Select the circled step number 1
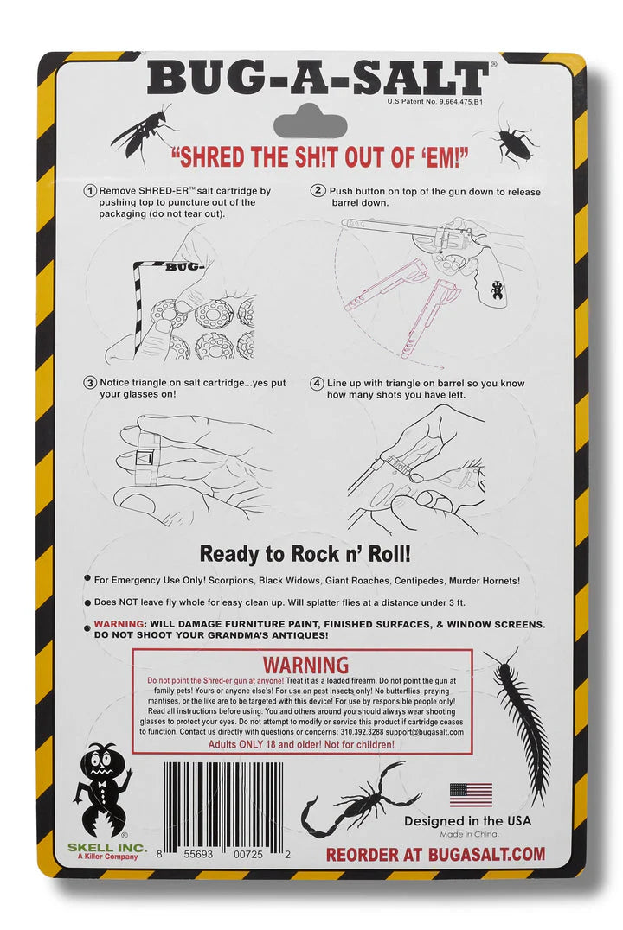pyautogui.click(x=90, y=191)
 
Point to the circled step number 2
pyautogui.click(x=319, y=190)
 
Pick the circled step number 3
pyautogui.click(x=90, y=383)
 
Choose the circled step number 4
pyautogui.click(x=318, y=383)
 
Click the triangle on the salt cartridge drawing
pyautogui.click(x=145, y=458)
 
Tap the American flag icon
pyautogui.click(x=471, y=795)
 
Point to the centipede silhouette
pyautogui.click(x=518, y=723)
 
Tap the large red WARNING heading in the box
pyautogui.click(x=305, y=665)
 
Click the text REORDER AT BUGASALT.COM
pyautogui.click(x=435, y=855)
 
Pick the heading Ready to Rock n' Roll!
pyautogui.click(x=305, y=554)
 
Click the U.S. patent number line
pyautogui.click(x=435, y=101)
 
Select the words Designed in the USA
pyautogui.click(x=467, y=821)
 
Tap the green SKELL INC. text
pyautogui.click(x=107, y=848)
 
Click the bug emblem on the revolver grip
pyautogui.click(x=498, y=290)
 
